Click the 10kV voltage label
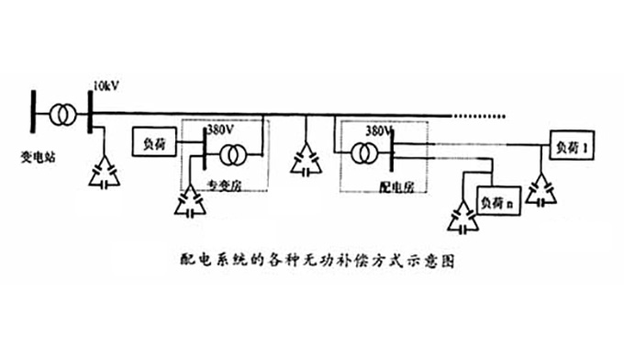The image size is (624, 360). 105,87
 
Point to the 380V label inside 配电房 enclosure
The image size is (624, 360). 378,130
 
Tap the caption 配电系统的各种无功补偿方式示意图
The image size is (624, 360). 315,260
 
